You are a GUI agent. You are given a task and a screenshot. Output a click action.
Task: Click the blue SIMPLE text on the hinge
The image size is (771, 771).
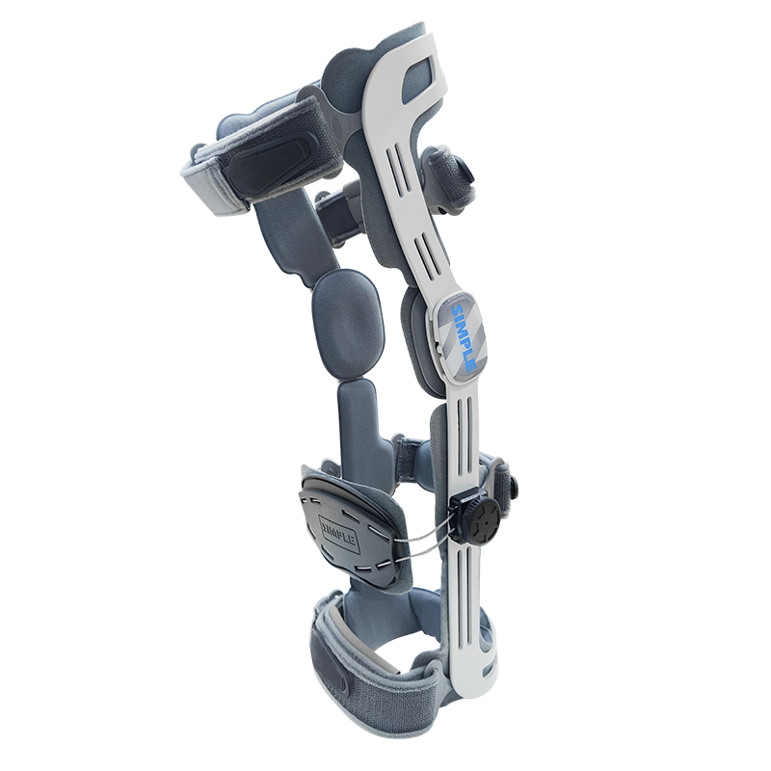[464, 338]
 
